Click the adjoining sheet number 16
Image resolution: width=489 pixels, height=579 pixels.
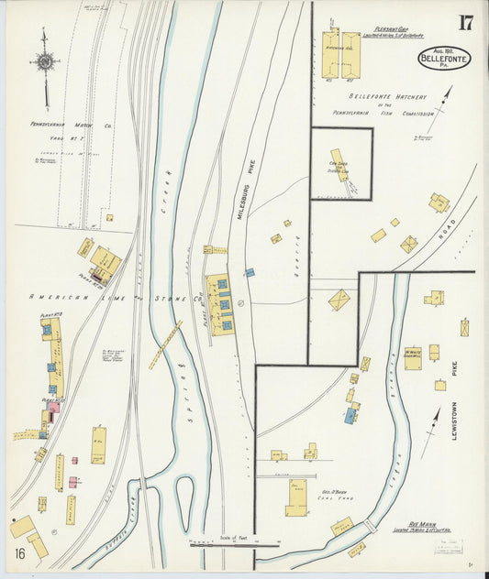coord(19,552)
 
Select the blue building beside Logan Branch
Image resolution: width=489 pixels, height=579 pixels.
coord(350,416)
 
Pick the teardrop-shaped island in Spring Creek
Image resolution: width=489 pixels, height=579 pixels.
coord(184,495)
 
